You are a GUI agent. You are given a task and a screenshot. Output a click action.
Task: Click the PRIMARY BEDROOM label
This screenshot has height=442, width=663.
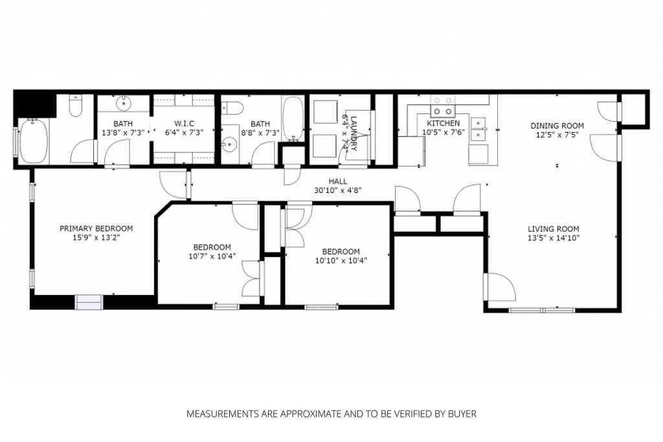point(96,228)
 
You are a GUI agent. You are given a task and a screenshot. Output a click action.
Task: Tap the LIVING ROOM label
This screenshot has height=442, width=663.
point(553,228)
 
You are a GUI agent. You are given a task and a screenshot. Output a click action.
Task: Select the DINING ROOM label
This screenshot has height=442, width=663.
point(557,126)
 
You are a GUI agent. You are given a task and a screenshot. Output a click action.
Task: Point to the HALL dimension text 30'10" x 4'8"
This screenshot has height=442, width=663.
point(337,191)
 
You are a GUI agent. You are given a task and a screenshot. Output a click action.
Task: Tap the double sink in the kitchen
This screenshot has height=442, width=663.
point(479,129)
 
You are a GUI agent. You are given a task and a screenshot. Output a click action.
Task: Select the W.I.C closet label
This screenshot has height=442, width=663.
point(184,124)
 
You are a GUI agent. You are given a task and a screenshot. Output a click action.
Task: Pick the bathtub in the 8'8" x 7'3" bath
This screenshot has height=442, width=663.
point(293,118)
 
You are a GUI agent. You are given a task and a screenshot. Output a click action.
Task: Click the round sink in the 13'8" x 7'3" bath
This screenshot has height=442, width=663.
point(124,104)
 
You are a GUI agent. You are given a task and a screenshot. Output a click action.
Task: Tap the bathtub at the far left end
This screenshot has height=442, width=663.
point(33,141)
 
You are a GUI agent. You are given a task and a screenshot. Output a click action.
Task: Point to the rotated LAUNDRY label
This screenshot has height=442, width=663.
point(354,131)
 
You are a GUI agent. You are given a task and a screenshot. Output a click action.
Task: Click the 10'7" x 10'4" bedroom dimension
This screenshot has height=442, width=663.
point(212,256)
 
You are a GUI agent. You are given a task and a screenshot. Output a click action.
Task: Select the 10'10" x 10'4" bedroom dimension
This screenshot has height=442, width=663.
point(341,261)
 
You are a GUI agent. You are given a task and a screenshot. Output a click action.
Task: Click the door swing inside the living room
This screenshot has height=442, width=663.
point(500,287)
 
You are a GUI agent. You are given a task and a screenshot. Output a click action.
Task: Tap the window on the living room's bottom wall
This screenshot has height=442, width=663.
point(542,310)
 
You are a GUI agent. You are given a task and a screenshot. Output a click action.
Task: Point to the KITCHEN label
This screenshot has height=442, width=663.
point(443,124)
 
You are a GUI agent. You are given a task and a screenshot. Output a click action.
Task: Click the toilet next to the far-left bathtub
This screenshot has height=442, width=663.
point(76,105)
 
